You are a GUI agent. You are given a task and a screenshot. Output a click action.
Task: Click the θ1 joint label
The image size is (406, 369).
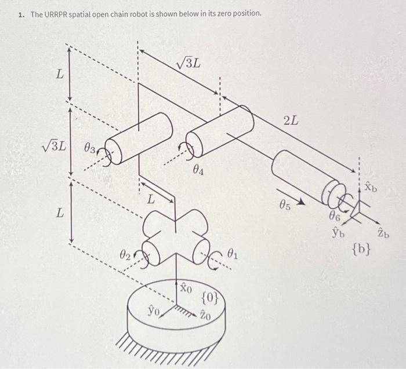tap(233, 253)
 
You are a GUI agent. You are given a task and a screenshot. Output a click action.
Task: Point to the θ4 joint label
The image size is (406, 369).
tap(198, 171)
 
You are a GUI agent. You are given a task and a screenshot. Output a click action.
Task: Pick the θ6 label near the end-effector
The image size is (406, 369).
tap(333, 217)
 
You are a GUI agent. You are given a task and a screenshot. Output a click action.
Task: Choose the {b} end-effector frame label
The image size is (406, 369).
tap(361, 250)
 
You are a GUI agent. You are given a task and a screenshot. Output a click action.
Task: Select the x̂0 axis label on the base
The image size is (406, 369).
tap(185, 287)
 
